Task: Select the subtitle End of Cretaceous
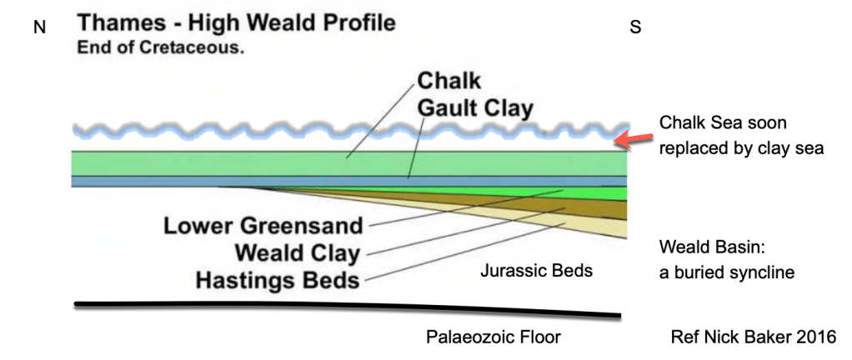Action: point(160,47)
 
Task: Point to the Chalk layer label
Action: point(449,82)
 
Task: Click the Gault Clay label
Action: point(475,108)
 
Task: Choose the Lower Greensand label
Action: point(263,226)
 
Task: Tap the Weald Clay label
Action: point(297,252)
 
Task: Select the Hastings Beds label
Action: point(278,279)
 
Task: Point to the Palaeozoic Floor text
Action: point(494,337)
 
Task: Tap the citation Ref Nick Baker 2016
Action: point(753,337)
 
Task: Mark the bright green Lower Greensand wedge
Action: point(601,193)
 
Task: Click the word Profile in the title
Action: point(349,22)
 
